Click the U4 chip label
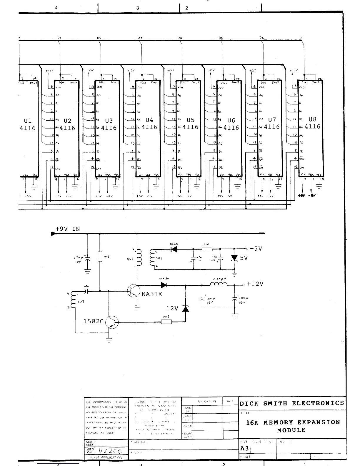(149, 120)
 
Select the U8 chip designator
(312, 119)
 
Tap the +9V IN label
(67, 229)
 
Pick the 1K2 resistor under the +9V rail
(100, 257)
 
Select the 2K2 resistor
(166, 322)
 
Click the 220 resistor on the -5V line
(207, 249)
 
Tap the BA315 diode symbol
(174, 249)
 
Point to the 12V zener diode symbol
(185, 309)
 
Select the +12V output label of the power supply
(255, 284)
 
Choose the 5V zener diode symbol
(234, 258)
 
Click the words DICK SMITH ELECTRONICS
(292, 403)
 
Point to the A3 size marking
(244, 448)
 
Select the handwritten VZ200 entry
(108, 451)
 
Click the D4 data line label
(180, 38)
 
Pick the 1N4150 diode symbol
(164, 285)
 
